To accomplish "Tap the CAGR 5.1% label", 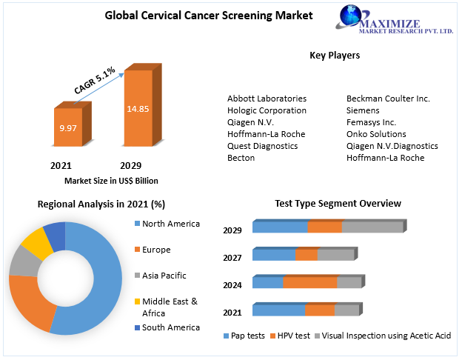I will (95, 80).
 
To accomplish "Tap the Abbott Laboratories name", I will (267, 99).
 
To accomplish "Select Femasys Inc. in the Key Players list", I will (371, 122).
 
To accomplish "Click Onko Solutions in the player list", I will (376, 134).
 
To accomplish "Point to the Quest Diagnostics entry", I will (262, 146).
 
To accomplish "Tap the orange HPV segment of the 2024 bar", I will (309, 282).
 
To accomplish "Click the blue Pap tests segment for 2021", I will (278, 310).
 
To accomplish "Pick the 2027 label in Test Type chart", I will (232, 258).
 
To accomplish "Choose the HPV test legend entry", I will (289, 336).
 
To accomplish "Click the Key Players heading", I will (335, 56).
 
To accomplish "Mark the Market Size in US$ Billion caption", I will (111, 181).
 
